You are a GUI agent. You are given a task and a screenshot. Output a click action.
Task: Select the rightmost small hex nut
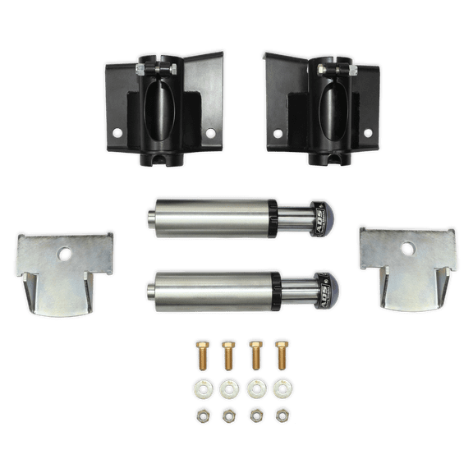[282, 415]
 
